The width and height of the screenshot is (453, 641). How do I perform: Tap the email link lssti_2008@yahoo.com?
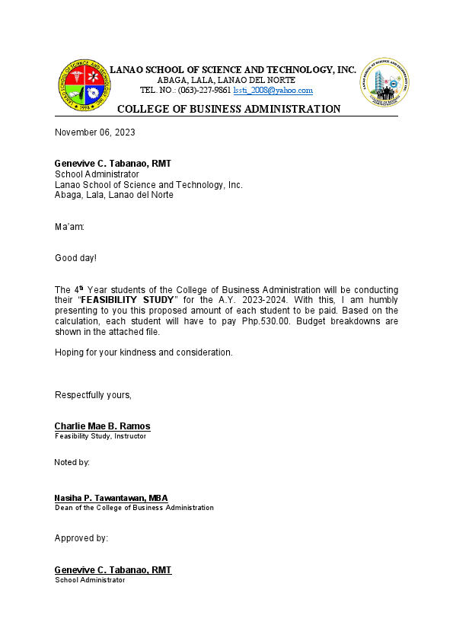click(x=273, y=90)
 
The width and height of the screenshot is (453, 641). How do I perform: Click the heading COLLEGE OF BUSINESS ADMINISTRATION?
click(x=228, y=109)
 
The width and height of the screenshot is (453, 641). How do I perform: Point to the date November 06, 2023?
click(x=95, y=132)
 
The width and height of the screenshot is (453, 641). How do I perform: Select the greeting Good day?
click(x=75, y=258)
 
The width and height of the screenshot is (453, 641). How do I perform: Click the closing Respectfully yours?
click(x=93, y=394)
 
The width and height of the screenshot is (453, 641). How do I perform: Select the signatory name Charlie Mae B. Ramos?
click(x=102, y=426)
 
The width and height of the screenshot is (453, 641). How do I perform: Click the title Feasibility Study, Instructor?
click(x=100, y=436)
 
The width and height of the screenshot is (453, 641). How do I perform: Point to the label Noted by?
click(x=72, y=462)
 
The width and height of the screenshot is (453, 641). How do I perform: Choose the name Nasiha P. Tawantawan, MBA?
click(x=111, y=498)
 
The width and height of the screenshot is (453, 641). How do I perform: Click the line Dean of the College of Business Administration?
click(x=134, y=508)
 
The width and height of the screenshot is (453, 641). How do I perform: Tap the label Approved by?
click(x=81, y=538)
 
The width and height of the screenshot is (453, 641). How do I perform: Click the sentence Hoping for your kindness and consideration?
click(x=143, y=352)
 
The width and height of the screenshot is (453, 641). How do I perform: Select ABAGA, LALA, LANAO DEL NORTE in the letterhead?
click(x=226, y=80)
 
